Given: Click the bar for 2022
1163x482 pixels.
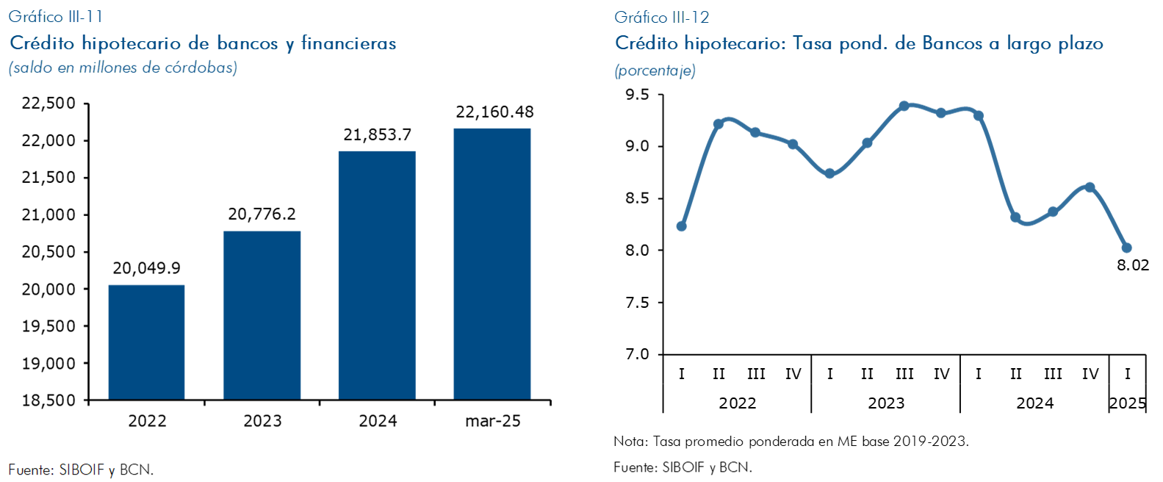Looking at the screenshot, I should tap(146, 342).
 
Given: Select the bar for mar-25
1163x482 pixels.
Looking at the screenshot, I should tap(492, 265).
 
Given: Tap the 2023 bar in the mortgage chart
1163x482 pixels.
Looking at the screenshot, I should tap(262, 316).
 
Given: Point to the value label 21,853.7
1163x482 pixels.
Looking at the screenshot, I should tap(377, 135).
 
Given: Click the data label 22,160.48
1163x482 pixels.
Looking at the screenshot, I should tap(494, 112).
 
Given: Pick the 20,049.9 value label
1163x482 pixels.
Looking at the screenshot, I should tap(146, 269).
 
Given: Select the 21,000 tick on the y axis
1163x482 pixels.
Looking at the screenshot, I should tap(48, 215).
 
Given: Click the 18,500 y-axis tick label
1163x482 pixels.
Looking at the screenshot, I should tap(48, 400).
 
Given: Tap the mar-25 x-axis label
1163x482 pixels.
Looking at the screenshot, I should tap(493, 421).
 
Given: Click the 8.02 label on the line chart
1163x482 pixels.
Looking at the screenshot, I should tap(1132, 265).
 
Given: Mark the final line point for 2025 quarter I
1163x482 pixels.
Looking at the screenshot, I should tap(1126, 248).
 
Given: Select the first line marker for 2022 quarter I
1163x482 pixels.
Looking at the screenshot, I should tap(681, 226).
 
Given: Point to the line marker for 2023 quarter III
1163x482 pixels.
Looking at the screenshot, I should tap(904, 106).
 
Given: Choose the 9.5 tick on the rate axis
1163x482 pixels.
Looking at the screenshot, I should tap(637, 95).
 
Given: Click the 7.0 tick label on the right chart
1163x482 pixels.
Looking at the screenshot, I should tap(637, 354).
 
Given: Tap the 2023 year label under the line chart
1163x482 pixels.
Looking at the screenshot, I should tap(885, 403).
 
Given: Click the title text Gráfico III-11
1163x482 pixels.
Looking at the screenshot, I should tap(56, 16).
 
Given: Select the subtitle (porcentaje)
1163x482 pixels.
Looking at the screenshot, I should tap(655, 71).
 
